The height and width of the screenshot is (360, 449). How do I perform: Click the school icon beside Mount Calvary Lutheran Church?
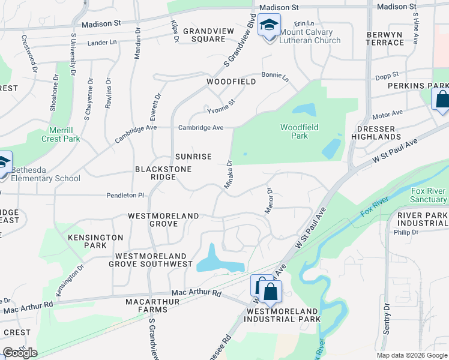[x=269, y=26]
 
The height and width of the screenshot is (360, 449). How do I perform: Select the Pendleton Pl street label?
[x=125, y=195]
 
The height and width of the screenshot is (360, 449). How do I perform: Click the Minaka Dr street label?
[x=229, y=175]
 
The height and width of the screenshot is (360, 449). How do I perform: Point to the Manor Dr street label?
[x=269, y=200]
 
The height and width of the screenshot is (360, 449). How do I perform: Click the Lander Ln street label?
[x=101, y=42]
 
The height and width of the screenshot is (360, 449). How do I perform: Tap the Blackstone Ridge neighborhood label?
[x=163, y=174]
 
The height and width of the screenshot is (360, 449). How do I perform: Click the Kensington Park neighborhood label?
[x=95, y=241]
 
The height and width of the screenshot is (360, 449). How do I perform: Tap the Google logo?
[x=20, y=353]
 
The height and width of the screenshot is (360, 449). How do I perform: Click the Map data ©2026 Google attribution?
[x=411, y=355]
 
